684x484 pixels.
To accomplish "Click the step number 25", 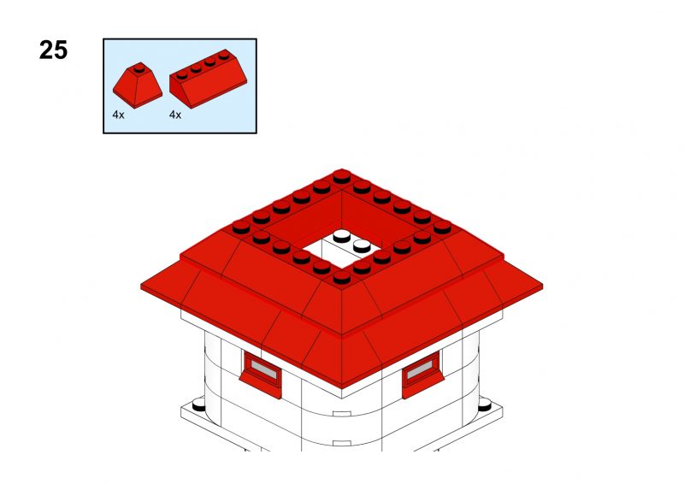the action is click(53, 50).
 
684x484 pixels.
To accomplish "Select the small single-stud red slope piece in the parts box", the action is click(138, 86).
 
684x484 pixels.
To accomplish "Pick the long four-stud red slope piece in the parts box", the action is click(208, 79).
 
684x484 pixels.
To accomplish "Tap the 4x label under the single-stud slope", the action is click(118, 115).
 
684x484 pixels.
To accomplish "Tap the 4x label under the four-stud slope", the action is click(175, 115).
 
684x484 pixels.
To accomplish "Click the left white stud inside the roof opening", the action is click(341, 237).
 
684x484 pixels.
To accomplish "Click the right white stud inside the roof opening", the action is click(362, 246).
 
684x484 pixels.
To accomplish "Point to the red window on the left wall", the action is click(262, 374).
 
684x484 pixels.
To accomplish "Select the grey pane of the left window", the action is click(263, 369).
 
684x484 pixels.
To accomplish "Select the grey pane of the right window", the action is click(419, 369).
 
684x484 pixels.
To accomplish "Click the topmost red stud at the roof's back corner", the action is click(341, 177).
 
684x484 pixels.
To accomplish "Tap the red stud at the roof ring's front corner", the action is click(341, 277).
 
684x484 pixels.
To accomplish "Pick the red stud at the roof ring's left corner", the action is click(241, 227).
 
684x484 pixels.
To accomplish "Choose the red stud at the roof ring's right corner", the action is click(442, 227).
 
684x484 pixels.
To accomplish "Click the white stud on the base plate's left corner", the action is click(199, 404).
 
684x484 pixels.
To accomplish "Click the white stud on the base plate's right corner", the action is click(485, 404).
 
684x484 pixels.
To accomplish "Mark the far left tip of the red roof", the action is click(141, 286).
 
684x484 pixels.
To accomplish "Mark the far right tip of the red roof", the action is click(543, 286).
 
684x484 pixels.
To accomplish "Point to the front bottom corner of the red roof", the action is click(341, 387).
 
